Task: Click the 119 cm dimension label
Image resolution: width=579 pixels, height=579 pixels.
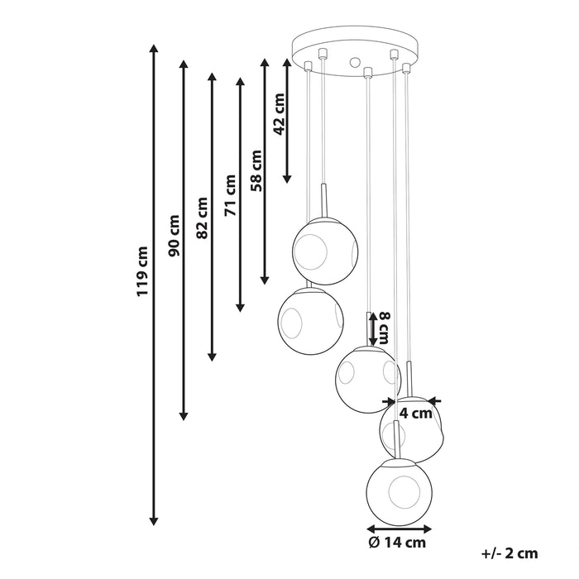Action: coord(142,271)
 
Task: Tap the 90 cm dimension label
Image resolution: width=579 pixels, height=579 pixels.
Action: coord(174,236)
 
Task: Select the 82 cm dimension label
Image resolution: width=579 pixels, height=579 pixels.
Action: coord(202,218)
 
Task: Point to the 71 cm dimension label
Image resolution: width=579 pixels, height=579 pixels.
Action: coord(230,195)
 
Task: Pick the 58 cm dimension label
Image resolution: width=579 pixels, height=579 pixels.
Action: coord(256,170)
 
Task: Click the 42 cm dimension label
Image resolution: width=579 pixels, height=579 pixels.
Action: coord(280,114)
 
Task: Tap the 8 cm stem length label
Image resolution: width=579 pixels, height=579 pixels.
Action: coord(385,328)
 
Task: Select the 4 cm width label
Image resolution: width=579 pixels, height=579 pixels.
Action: coord(416,414)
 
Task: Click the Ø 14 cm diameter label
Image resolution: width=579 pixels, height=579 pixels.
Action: coord(397,543)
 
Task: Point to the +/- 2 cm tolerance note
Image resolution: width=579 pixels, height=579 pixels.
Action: coord(510,553)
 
